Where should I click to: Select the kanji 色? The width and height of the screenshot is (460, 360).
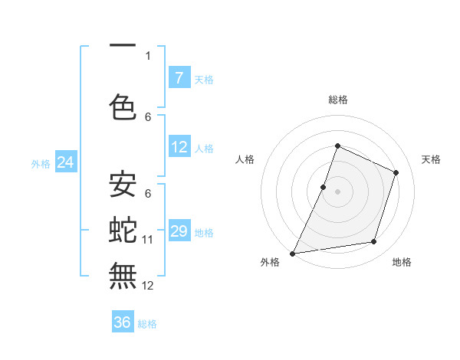pyautogui.click(x=123, y=107)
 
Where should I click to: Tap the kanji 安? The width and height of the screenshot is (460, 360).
pyautogui.click(x=123, y=185)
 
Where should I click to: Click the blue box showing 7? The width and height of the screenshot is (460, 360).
pyautogui.click(x=179, y=77)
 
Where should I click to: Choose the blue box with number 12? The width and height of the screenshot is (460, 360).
pyautogui.click(x=179, y=148)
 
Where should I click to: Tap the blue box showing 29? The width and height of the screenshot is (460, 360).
pyautogui.click(x=179, y=231)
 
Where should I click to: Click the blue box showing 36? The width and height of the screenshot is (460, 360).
pyautogui.click(x=123, y=322)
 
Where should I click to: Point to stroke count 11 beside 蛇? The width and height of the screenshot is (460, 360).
pyautogui.click(x=148, y=240)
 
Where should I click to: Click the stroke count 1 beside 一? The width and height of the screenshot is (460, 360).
pyautogui.click(x=148, y=55)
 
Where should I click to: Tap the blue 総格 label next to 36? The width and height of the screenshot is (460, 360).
pyautogui.click(x=147, y=324)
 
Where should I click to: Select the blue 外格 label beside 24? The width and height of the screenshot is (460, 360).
pyautogui.click(x=41, y=163)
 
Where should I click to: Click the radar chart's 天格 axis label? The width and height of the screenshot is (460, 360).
pyautogui.click(x=431, y=159)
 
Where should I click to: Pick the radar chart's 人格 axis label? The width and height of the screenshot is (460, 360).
pyautogui.click(x=245, y=159)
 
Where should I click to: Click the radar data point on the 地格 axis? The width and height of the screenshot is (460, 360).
pyautogui.click(x=374, y=242)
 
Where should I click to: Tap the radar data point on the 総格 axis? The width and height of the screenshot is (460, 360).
pyautogui.click(x=337, y=146)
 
